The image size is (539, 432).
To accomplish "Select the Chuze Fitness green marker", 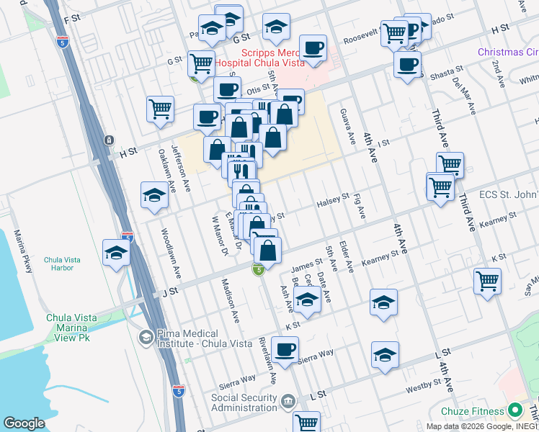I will (x=514, y=411).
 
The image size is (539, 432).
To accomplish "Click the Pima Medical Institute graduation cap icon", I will (x=146, y=336).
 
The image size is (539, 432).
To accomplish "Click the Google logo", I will (x=24, y=423).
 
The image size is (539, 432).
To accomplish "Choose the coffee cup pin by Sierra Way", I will (x=285, y=350).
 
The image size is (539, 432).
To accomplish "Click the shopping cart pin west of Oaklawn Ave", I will (x=160, y=109).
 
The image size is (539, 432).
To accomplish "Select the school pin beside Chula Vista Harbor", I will (x=116, y=253).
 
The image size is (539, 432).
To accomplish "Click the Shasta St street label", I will (x=446, y=73).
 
